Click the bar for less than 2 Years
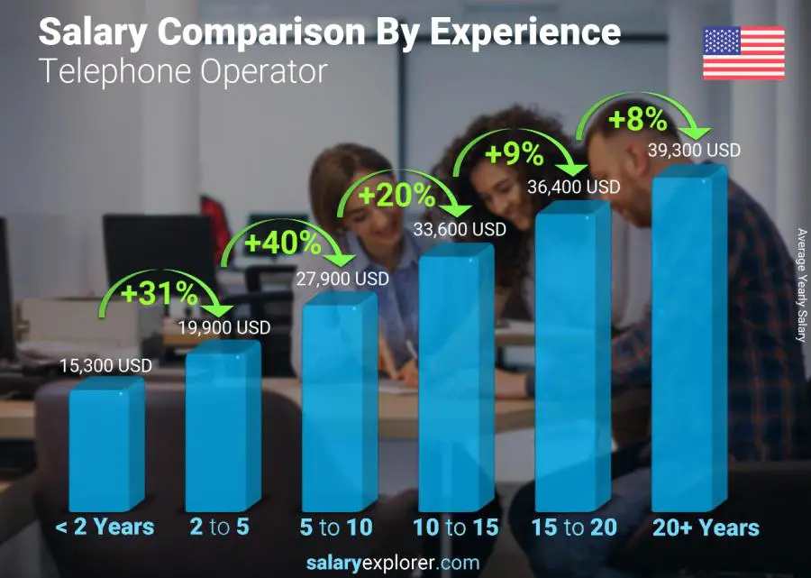click(105, 446)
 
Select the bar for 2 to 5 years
click(222, 428)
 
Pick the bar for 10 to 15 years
click(455, 379)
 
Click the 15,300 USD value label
click(105, 366)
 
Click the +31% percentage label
click(162, 291)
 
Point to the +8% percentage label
click(637, 118)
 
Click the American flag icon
click(743, 53)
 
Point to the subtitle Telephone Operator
click(183, 71)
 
